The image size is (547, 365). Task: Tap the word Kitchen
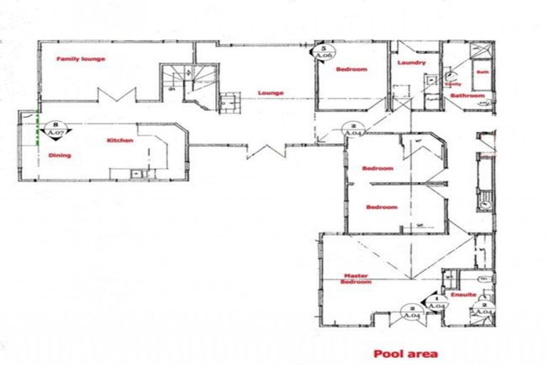tap(120, 140)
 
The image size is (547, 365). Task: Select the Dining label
tap(58, 155)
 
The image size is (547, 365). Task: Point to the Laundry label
tap(412, 63)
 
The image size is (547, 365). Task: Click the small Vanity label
tap(453, 83)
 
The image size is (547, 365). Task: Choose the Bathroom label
tap(467, 96)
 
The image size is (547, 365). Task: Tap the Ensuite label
tap(464, 294)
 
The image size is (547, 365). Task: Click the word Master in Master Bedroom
tap(355, 276)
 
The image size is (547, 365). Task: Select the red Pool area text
tap(406, 353)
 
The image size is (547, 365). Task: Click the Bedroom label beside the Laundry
tap(351, 69)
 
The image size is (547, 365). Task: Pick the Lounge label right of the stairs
tap(271, 93)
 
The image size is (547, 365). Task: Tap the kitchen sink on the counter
tap(135, 173)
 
